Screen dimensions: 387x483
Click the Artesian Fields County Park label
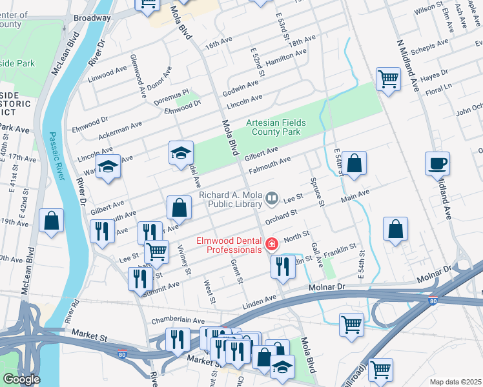coord(275,127)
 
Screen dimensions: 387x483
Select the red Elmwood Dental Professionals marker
coord(272,244)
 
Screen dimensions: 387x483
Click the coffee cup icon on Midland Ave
coord(437,163)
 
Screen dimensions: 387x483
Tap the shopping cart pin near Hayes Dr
coord(388,80)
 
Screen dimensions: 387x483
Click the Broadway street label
coord(92,18)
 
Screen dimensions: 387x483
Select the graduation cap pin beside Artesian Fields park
coord(181,153)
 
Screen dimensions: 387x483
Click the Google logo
coord(21,379)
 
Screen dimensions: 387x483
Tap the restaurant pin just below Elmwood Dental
coord(282,266)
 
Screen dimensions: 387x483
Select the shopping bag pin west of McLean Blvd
coord(51,221)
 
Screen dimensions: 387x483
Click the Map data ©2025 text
coord(455,382)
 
